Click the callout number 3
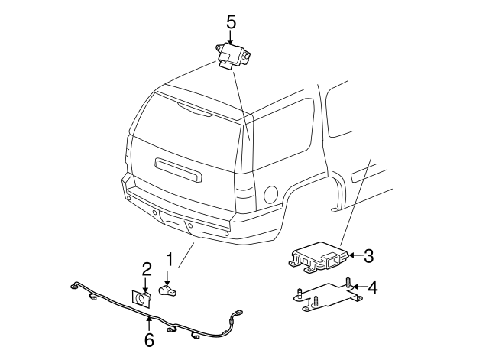tap(368, 256)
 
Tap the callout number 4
tap(372, 288)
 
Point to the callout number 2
tap(147, 268)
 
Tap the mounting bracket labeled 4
tap(321, 297)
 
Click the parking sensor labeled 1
tap(168, 290)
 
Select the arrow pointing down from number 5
tap(230, 36)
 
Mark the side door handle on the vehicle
tap(358, 175)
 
